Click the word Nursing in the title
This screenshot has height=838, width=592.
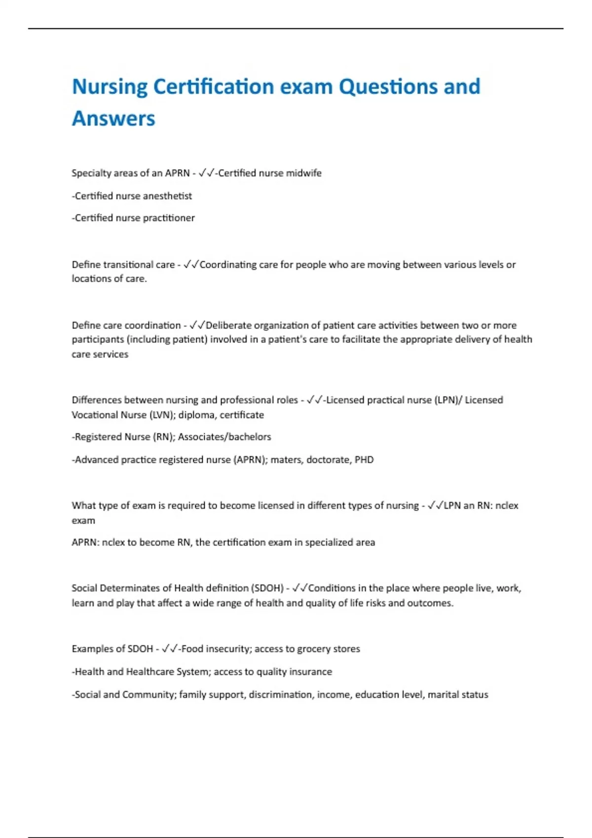click(110, 87)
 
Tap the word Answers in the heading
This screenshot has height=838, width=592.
click(113, 119)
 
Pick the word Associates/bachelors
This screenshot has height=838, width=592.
click(224, 437)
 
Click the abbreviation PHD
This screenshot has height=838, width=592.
click(364, 460)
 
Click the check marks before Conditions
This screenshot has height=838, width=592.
click(300, 588)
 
